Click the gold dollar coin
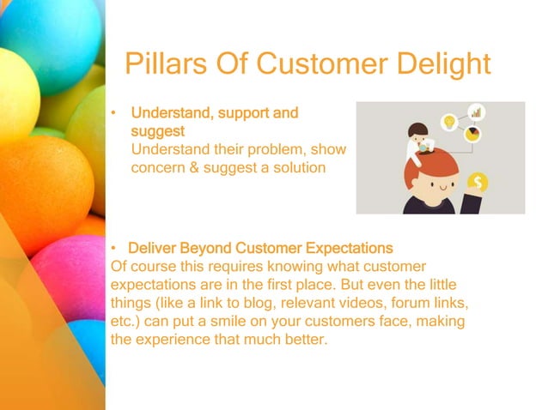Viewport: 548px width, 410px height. (477, 182)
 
